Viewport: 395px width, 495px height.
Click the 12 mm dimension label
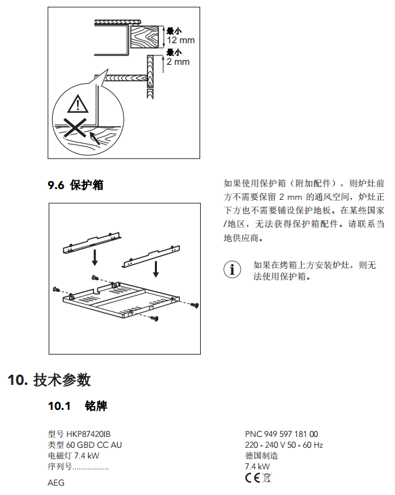click(181, 40)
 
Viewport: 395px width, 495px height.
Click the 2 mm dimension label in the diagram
click(178, 61)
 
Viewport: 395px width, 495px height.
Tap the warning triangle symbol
click(78, 105)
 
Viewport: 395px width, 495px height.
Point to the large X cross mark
click(75, 128)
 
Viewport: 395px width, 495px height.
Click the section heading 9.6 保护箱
click(76, 185)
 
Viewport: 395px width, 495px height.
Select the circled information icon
click(232, 269)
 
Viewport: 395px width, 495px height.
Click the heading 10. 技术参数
click(49, 380)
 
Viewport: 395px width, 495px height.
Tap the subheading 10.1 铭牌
click(78, 406)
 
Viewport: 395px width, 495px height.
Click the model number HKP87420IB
click(88, 434)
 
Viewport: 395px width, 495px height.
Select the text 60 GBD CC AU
click(94, 445)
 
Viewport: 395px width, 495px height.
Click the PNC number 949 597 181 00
click(291, 434)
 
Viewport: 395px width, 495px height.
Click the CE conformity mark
click(252, 478)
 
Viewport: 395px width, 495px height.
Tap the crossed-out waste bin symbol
click(267, 478)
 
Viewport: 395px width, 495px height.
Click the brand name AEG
click(56, 483)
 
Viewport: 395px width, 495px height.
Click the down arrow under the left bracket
click(95, 259)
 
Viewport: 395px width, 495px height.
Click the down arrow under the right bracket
click(156, 269)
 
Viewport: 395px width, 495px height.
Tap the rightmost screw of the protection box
click(195, 305)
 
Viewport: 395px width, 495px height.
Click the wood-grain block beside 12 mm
click(144, 37)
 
